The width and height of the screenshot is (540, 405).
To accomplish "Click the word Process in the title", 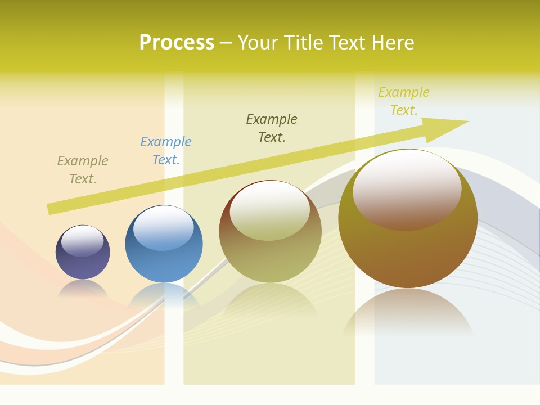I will pos(177,43).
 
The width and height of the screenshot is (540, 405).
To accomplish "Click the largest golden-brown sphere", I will pos(408,247).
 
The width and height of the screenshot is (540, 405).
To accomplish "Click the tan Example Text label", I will pos(83,170).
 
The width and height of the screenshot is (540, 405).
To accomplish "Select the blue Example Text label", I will pos(166,151).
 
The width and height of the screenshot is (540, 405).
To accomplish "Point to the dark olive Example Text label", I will pos(272,128).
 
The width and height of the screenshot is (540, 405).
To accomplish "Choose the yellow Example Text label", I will pos(404,101).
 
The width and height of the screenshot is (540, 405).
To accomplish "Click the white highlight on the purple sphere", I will pos(83,241).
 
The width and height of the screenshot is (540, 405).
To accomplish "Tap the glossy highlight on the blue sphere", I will pos(164,227).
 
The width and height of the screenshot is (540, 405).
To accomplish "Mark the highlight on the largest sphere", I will pos(407,188).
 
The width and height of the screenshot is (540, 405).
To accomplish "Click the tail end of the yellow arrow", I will pos(52,209).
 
